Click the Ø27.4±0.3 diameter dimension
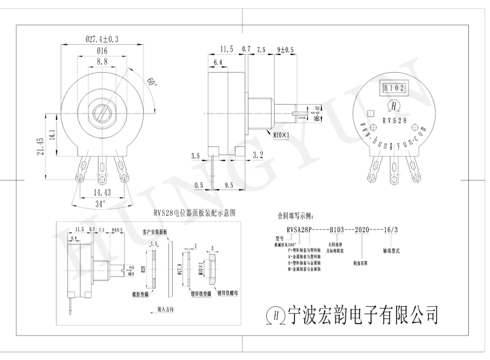pyautogui.click(x=101, y=39)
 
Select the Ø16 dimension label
pyautogui.click(x=102, y=51)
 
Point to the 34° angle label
pyautogui.click(x=100, y=203)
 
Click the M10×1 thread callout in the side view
pyautogui.click(x=280, y=134)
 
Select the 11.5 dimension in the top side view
pyautogui.click(x=227, y=50)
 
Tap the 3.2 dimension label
pyautogui.click(x=257, y=156)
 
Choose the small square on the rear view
pyautogui.click(x=371, y=114)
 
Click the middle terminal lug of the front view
pyautogui.click(x=102, y=168)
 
